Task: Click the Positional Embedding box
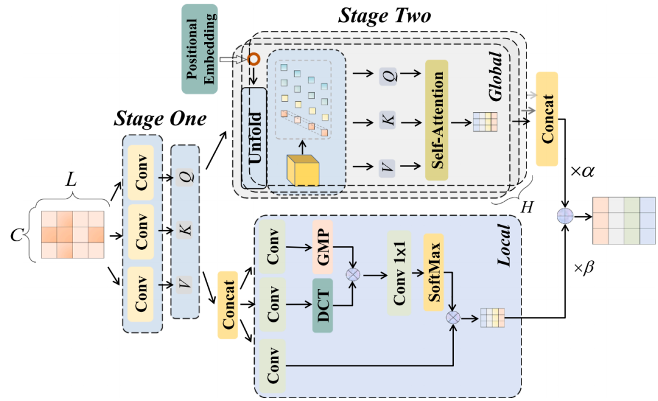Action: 199,49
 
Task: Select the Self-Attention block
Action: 436,119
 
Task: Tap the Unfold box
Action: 254,138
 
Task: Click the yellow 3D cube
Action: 303,170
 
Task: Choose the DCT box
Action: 323,305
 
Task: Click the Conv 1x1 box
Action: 398,273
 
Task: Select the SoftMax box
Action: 433,272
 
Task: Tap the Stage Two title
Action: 384,16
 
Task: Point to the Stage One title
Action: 160,118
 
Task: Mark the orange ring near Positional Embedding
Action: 253,59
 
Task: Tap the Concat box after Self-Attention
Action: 547,119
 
